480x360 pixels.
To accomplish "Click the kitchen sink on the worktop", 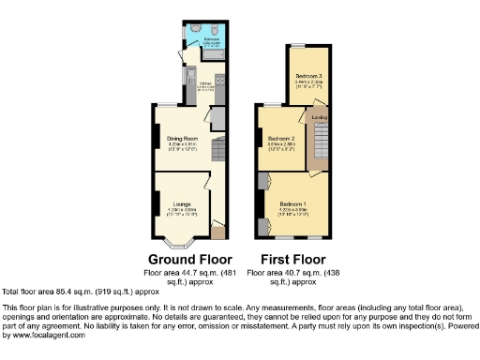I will pyautogui.click(x=189, y=75).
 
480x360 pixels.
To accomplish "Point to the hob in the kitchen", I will pyautogui.click(x=221, y=82).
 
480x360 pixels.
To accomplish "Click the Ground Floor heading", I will pyautogui.click(x=184, y=259).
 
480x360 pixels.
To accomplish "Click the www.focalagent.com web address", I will pyautogui.click(x=46, y=335).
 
